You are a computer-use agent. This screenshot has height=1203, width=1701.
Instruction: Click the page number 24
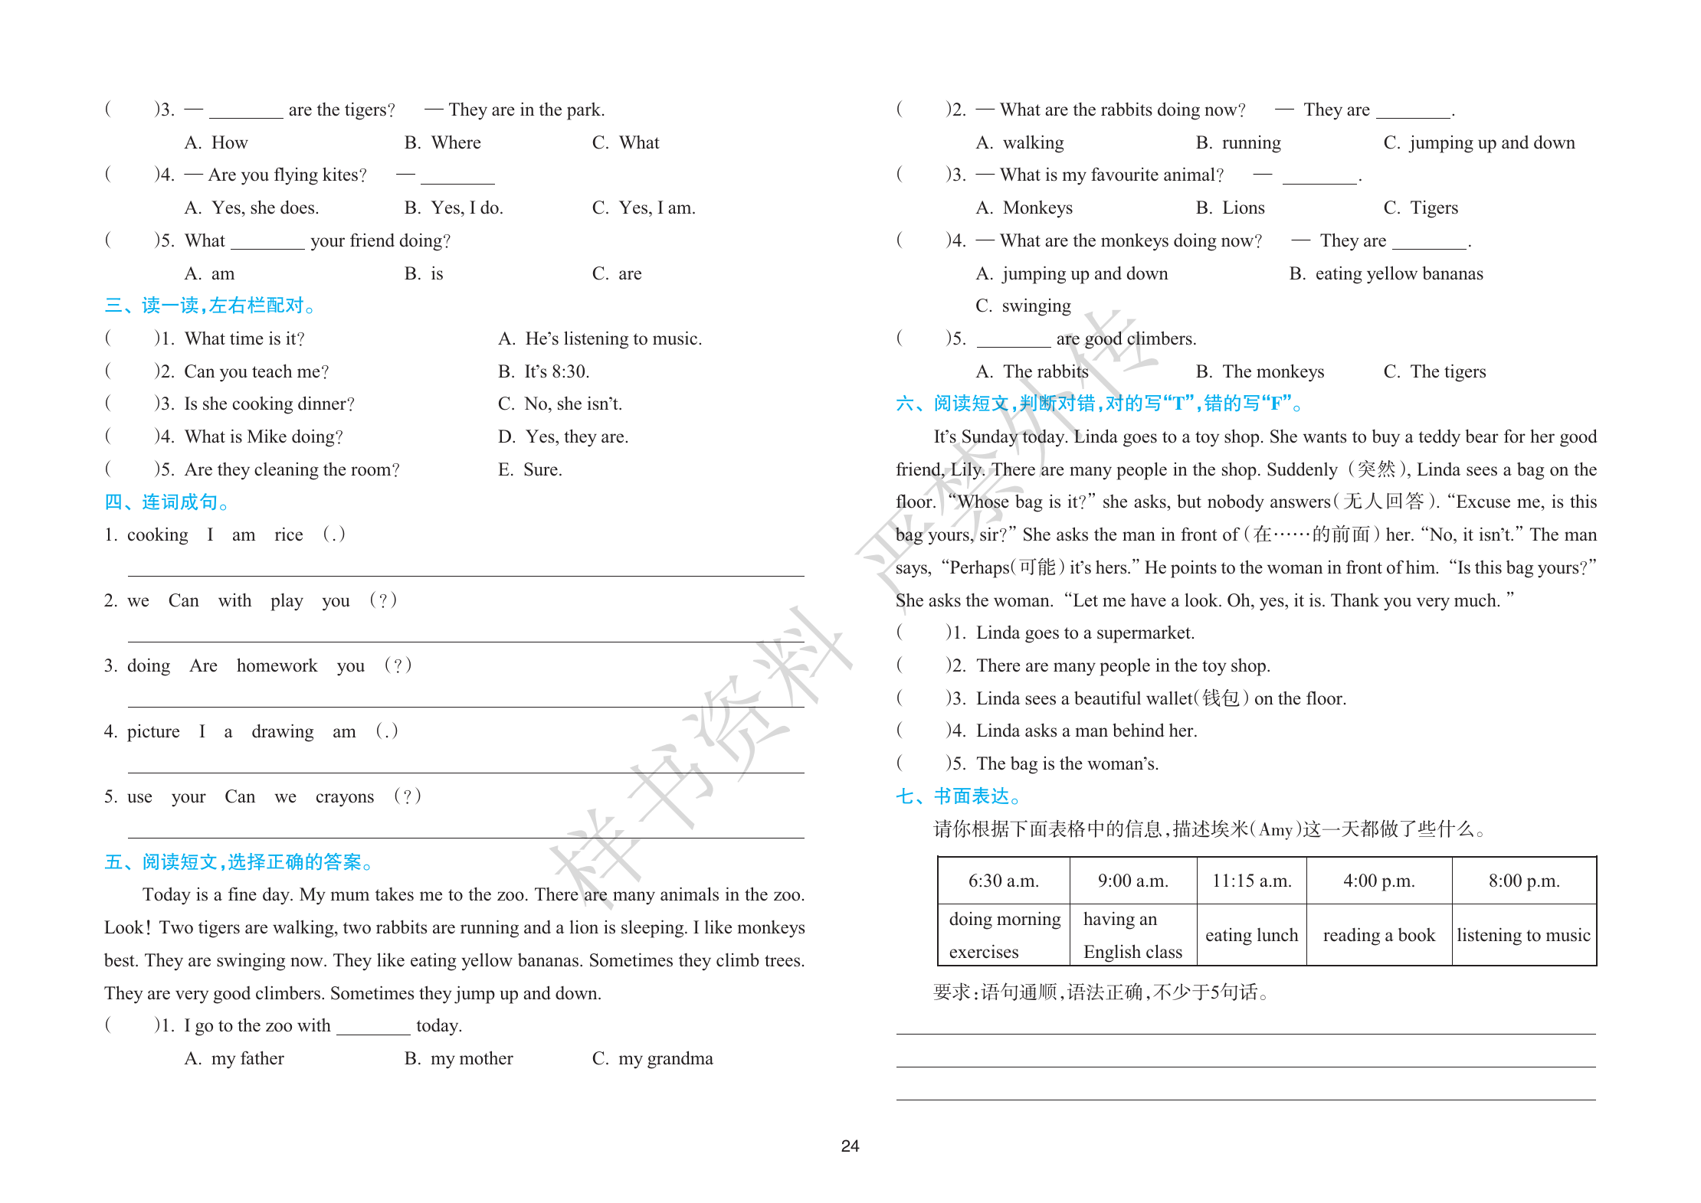[850, 1146]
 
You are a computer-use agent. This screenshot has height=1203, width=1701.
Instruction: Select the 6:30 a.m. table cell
[1003, 881]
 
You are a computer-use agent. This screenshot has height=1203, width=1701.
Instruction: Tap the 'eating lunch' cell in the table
[1251, 935]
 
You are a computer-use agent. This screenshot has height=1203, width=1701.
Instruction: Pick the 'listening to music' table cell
[1523, 935]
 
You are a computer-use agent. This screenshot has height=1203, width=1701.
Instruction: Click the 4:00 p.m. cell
[1378, 881]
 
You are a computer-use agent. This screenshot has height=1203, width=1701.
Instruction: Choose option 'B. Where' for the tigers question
[443, 142]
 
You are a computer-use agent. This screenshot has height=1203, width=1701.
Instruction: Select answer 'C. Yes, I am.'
[644, 208]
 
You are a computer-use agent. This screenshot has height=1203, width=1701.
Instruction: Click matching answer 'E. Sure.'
[530, 469]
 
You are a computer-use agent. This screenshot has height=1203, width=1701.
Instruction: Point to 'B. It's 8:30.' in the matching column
[543, 371]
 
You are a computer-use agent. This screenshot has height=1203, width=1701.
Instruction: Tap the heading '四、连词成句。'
[167, 502]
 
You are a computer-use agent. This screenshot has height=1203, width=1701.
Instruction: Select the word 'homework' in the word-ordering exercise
[277, 665]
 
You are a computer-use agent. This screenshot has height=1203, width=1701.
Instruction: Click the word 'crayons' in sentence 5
[344, 796]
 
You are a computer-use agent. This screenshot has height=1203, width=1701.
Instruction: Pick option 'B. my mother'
[459, 1058]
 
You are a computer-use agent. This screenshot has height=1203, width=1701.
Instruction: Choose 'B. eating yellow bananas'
[1386, 273]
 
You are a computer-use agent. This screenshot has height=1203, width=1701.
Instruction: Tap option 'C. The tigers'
[1434, 371]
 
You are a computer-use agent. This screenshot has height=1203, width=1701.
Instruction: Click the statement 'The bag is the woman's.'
[1067, 763]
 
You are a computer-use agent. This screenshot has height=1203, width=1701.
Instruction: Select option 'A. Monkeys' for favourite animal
[1024, 208]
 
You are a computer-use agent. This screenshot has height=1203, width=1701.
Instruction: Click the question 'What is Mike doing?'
[264, 436]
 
